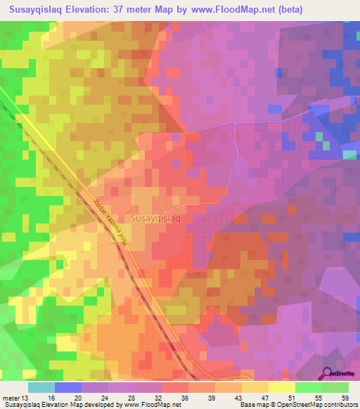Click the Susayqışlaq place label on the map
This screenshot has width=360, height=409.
tap(157, 219)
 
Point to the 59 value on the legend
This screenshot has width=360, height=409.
tap(345, 397)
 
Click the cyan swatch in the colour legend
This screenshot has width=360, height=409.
tap(41, 387)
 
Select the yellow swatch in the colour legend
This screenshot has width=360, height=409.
tap(281, 387)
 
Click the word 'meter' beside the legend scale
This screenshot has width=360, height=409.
tap(13, 397)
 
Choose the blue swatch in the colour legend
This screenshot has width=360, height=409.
tap(67, 387)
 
